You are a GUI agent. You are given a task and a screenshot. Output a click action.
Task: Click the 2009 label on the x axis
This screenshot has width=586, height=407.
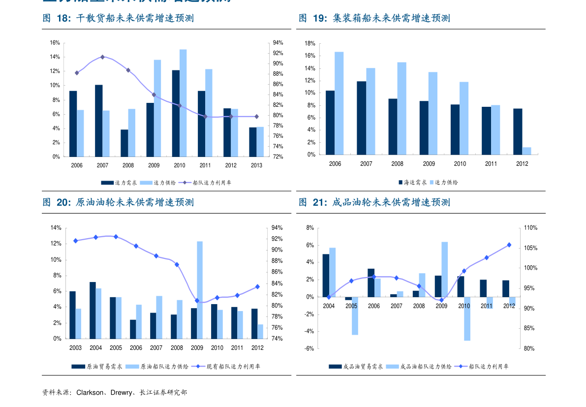[441, 306]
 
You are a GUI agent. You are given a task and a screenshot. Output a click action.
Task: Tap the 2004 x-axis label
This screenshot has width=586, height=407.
[329, 306]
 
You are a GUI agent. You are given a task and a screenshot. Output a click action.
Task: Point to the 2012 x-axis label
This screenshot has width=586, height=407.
[509, 306]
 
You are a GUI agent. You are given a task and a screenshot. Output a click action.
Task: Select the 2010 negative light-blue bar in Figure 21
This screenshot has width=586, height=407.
[467, 318]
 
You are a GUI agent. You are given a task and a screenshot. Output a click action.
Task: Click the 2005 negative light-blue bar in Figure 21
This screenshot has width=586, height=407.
[355, 315]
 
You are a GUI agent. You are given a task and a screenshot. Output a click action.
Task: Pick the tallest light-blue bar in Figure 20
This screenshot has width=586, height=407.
[200, 289]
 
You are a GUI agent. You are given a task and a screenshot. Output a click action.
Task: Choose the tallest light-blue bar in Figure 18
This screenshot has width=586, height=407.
[183, 103]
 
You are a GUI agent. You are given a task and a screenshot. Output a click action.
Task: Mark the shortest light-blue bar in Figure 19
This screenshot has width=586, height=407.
[526, 151]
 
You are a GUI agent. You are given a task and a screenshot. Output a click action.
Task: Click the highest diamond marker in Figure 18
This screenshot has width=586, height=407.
[102, 57]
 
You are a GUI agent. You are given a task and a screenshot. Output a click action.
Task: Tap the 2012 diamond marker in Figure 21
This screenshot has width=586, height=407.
[509, 245]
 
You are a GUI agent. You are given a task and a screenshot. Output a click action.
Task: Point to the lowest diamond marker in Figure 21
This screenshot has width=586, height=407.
[441, 300]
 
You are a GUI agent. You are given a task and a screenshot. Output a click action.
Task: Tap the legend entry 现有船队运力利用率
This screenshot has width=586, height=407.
[233, 366]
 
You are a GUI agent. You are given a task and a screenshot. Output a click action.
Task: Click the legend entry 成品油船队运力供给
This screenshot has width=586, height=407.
[426, 366]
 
